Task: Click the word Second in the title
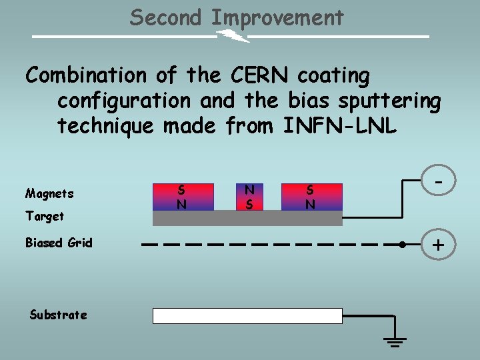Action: tap(165, 17)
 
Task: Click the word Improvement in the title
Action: tap(277, 18)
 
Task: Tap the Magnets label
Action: tap(49, 194)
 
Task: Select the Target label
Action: tap(45, 216)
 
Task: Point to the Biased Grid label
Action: tap(59, 243)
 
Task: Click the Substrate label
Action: tap(58, 315)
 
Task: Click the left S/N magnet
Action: tap(181, 197)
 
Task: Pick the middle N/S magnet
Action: tap(249, 197)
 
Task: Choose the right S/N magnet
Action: tap(311, 197)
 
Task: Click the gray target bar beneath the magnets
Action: tap(247, 218)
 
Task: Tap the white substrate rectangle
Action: tap(247, 316)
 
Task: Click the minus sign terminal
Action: tap(439, 180)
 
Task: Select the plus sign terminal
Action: tap(438, 245)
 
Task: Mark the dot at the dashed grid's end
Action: tap(402, 245)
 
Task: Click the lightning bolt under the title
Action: tap(233, 36)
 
